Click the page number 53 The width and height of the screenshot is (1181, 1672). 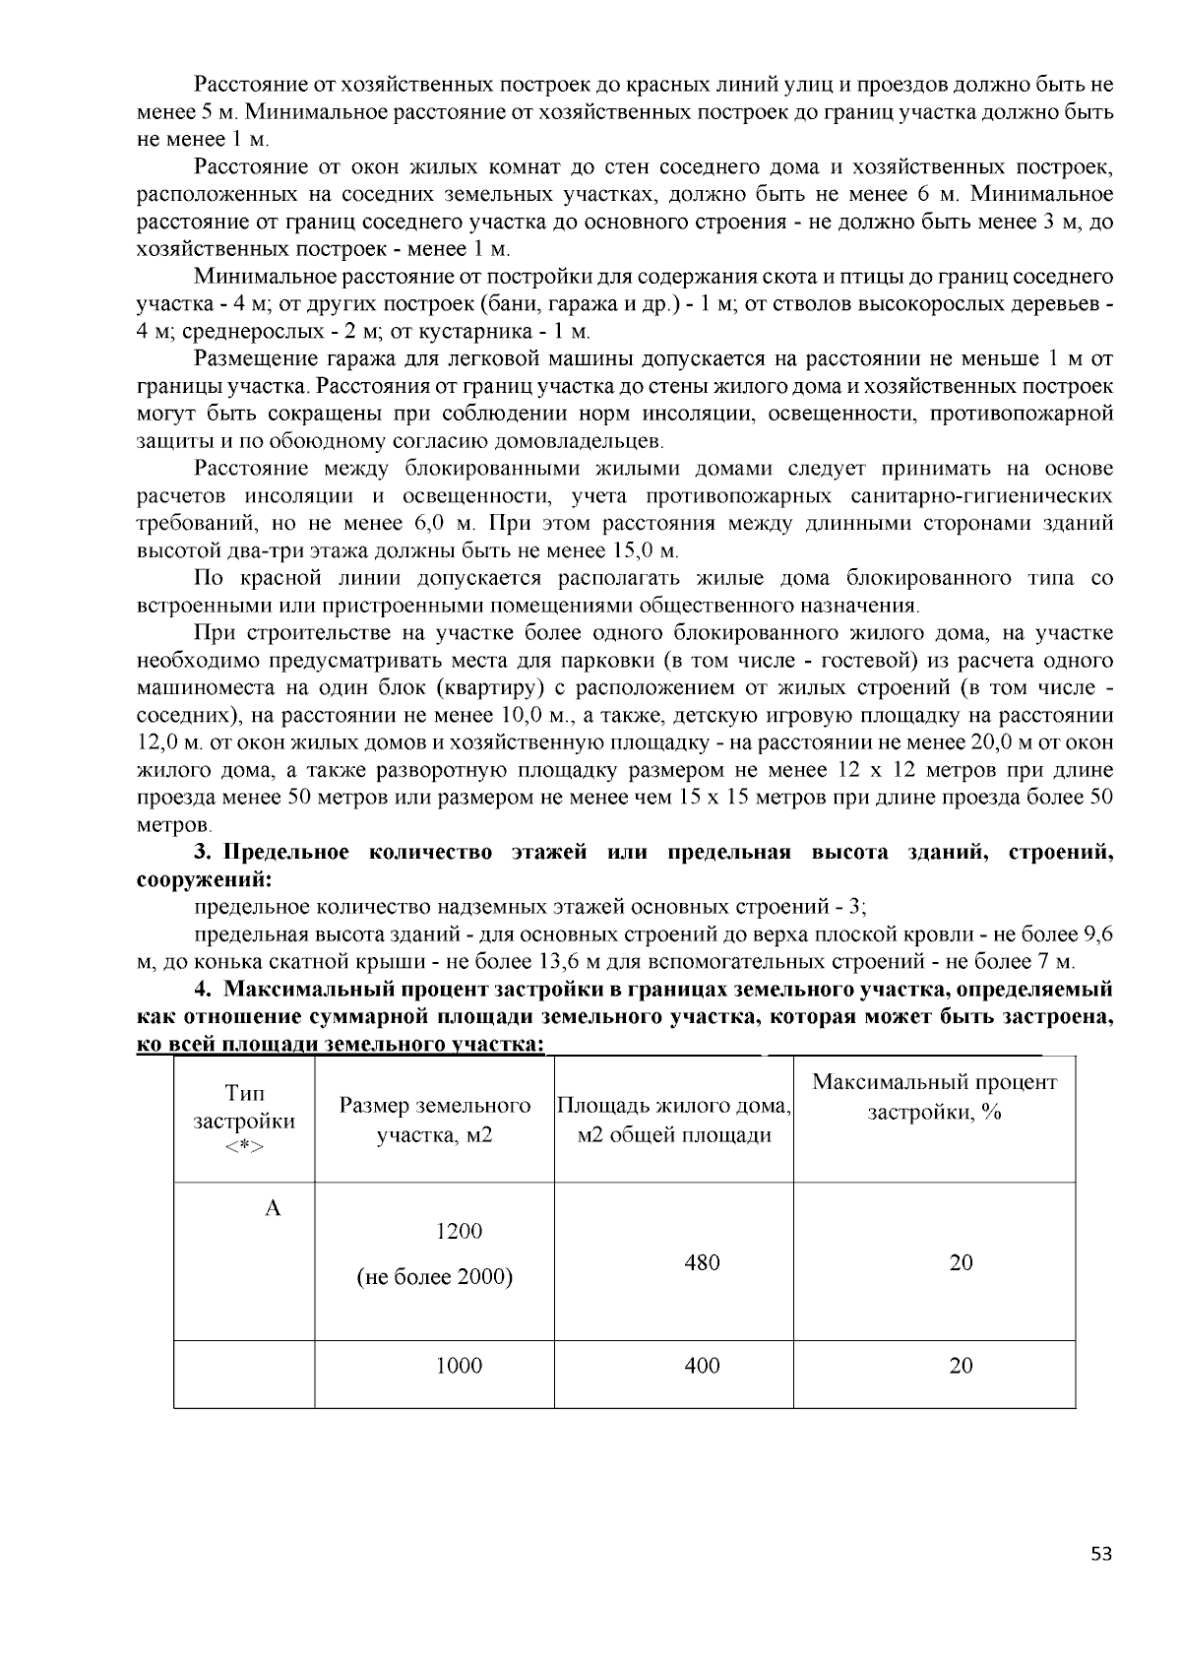pos(1101,1554)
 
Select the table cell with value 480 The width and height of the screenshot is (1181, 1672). pos(702,1262)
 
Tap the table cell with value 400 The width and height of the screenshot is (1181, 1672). pos(702,1365)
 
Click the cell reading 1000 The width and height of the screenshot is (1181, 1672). pos(459,1365)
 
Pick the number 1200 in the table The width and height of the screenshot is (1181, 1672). pos(459,1231)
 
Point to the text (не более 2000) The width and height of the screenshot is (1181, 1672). pos(434,1277)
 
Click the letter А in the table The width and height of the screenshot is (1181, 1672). pos(273,1208)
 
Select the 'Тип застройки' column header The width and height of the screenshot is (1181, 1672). pos(244,1121)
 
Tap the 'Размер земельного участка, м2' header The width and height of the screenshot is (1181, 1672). pos(434,1121)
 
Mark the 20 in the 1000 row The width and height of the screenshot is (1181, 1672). pos(961,1365)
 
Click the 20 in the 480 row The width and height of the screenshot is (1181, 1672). pos(961,1262)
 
